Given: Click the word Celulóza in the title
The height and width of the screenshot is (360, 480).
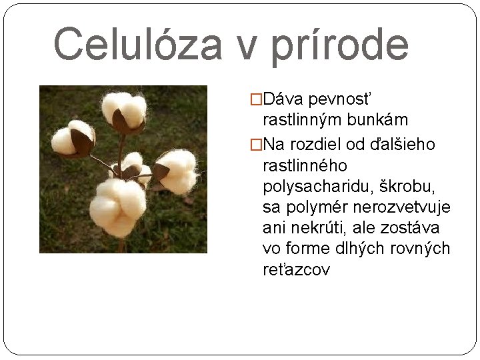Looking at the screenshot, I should pos(136,44).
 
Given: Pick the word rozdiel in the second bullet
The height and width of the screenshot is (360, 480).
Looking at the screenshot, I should pos(319,143).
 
